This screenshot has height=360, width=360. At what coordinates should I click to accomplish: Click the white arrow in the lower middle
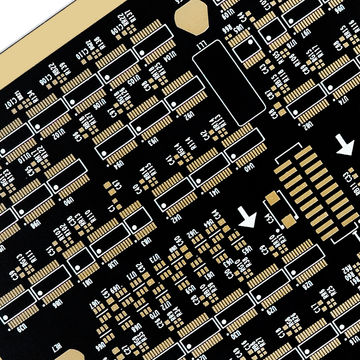click(x=247, y=216)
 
